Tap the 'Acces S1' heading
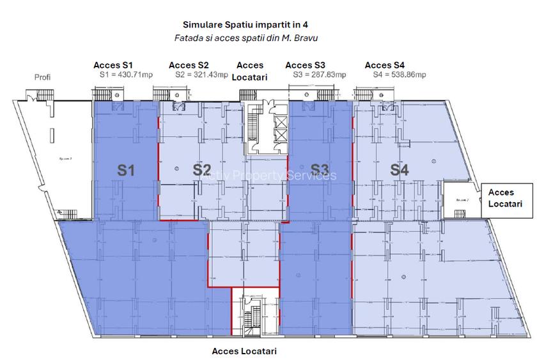click(113, 65)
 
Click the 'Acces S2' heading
click(189, 65)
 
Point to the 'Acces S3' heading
click(305, 65)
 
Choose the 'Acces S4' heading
click(384, 65)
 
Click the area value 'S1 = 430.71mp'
click(126, 75)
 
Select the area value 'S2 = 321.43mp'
click(201, 75)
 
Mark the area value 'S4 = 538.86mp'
click(400, 75)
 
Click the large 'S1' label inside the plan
click(125, 170)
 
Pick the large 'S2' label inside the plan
click(201, 170)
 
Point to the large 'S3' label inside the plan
click(320, 170)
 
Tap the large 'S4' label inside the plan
click(400, 170)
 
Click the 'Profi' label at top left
click(42, 77)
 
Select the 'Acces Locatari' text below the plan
click(244, 351)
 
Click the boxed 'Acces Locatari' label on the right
click(505, 198)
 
